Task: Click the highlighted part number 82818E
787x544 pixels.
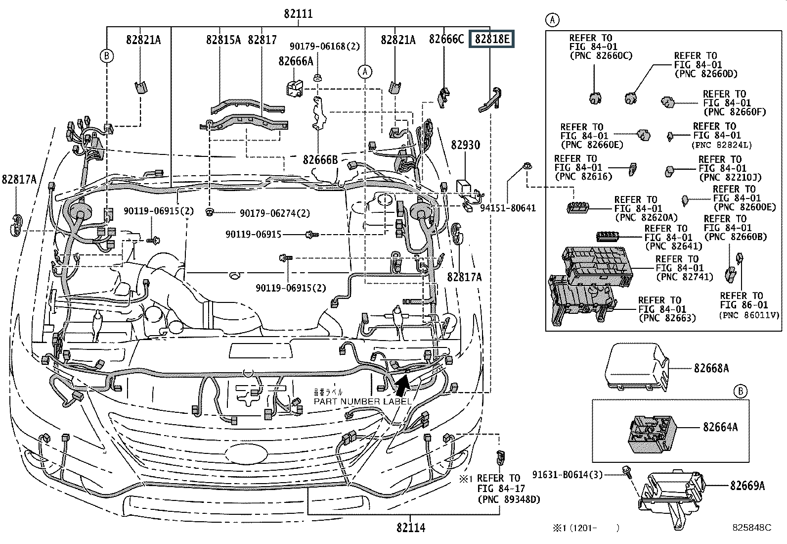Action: click(492, 40)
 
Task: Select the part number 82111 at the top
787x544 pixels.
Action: click(298, 13)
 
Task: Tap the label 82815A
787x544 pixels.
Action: click(223, 40)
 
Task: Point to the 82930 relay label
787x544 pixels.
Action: click(465, 146)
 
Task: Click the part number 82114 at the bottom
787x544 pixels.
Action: click(410, 528)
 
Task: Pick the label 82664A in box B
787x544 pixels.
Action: click(720, 427)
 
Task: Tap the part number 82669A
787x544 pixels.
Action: click(747, 486)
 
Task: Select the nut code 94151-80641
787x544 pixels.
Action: click(508, 208)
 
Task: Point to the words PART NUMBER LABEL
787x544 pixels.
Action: click(362, 401)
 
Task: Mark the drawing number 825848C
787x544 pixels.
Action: click(752, 528)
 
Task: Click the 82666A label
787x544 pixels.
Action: click(296, 61)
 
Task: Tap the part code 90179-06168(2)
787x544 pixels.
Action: click(325, 47)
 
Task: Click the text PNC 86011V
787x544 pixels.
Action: click(749, 315)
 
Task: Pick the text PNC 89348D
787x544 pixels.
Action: click(509, 499)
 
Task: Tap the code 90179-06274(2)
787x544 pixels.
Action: click(275, 213)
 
